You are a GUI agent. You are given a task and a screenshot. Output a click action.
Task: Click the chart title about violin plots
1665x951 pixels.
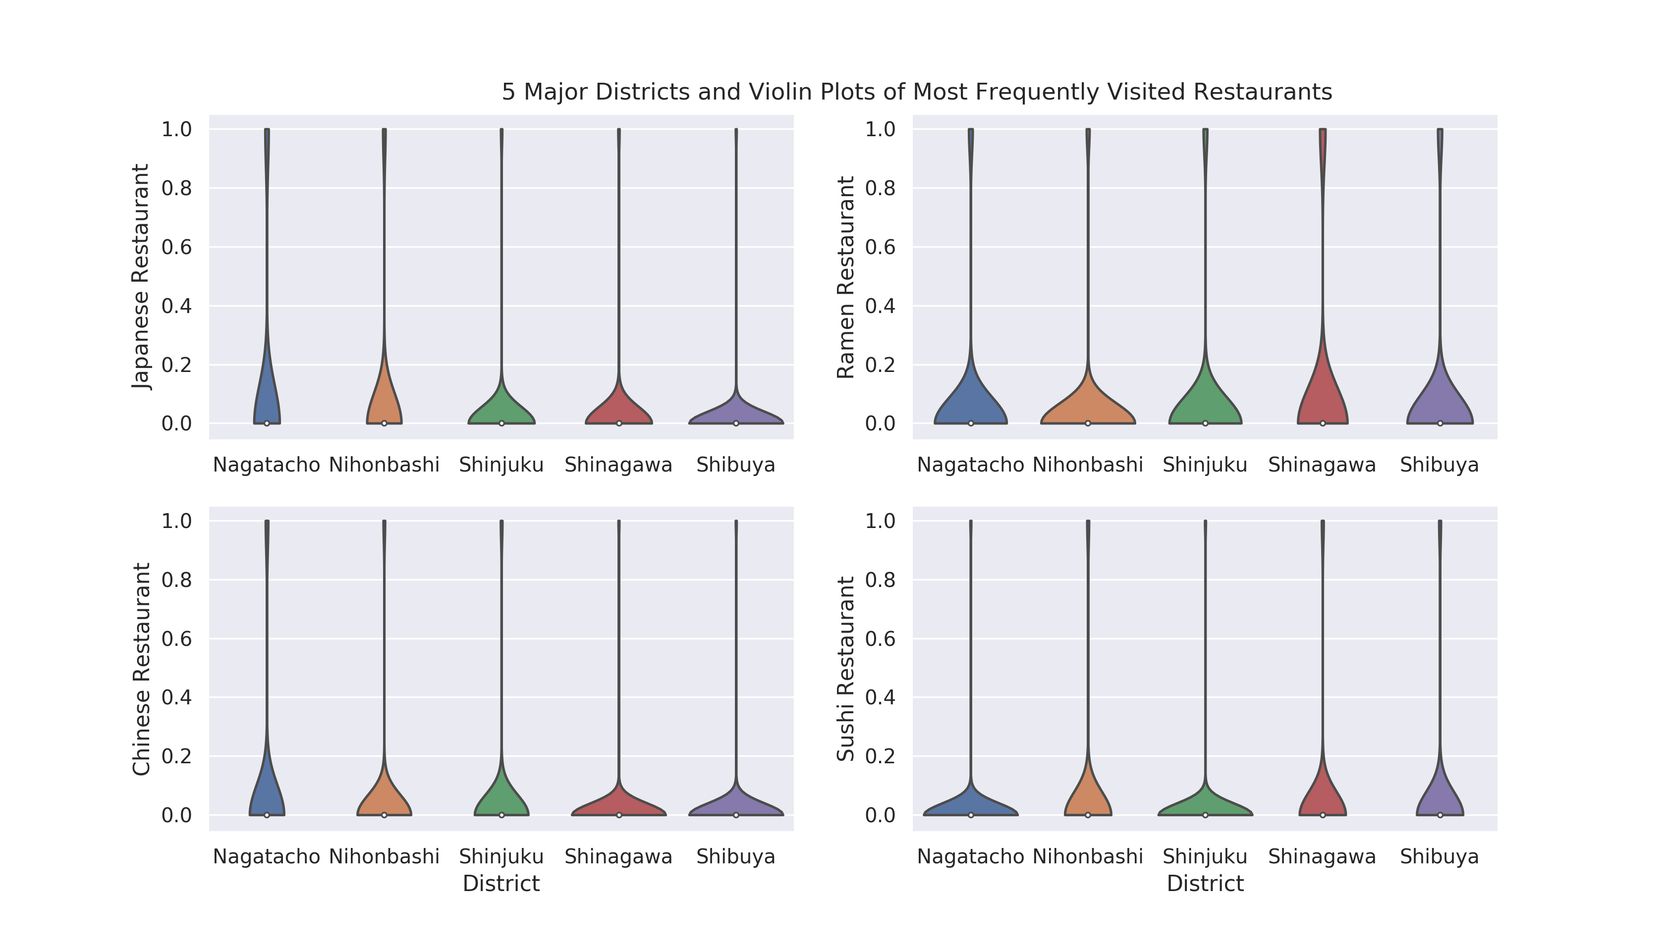[x=916, y=92]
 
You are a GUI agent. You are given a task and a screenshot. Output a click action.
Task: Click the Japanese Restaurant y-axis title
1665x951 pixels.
[x=141, y=277]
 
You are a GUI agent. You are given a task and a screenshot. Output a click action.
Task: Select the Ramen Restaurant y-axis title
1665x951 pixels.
[x=845, y=277]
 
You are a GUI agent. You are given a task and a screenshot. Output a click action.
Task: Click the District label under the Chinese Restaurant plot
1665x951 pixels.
[x=501, y=884]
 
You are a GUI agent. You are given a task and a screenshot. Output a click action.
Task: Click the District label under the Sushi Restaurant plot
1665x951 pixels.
[x=1205, y=884]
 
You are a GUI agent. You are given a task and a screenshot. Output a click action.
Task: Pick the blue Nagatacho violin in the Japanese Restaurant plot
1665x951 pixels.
[x=267, y=398]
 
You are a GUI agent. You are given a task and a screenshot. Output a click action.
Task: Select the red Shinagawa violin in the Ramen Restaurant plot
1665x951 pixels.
[x=1323, y=392]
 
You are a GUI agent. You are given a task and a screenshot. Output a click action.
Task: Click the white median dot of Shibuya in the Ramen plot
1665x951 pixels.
[x=1440, y=423]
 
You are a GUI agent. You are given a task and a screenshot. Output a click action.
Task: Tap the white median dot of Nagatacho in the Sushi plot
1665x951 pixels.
[x=971, y=815]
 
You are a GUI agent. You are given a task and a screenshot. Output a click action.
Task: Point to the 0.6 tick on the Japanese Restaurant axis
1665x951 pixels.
[x=176, y=247]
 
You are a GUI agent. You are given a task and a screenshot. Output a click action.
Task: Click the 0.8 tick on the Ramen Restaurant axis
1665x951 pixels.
[x=880, y=188]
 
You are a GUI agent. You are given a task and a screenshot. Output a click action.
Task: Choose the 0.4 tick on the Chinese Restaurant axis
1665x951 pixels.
[x=176, y=697]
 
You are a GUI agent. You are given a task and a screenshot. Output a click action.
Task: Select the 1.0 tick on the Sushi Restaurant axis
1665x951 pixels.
[x=880, y=521]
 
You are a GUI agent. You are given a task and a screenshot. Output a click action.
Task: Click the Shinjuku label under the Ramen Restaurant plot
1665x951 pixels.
[x=1205, y=465]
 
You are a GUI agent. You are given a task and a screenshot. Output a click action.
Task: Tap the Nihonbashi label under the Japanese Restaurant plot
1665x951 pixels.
[x=384, y=465]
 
